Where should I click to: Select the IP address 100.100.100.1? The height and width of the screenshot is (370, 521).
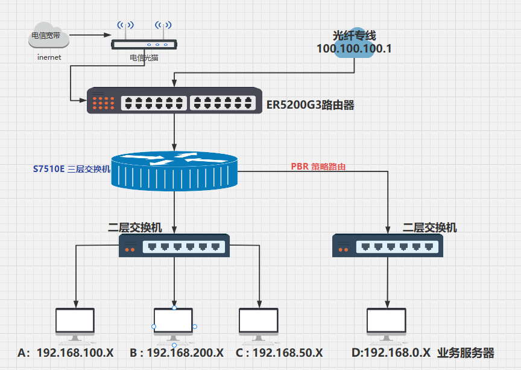355,49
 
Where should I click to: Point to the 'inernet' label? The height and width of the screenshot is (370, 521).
49,58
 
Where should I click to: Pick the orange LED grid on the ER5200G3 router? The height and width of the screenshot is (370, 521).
104,103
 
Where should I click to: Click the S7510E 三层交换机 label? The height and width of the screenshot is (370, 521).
71,170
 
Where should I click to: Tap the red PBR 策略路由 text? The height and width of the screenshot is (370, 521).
318,167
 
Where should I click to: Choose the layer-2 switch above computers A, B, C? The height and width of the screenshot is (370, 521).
174,246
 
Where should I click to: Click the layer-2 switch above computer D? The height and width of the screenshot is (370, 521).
388,246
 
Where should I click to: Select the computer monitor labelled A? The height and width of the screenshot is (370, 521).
75,325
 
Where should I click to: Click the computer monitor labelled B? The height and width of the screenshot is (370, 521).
174,325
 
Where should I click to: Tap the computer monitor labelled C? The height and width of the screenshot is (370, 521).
259,325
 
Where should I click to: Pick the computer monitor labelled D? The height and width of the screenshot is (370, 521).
387,325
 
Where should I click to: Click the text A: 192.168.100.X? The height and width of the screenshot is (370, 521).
66,352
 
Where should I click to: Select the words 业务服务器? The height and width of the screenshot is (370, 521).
466,352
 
